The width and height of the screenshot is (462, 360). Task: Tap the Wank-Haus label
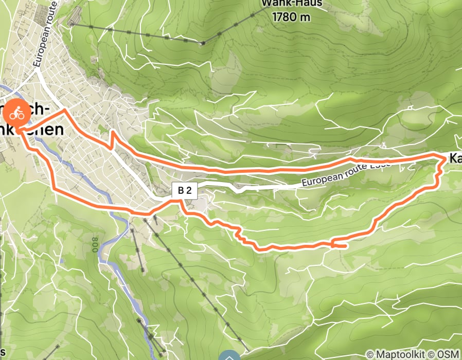[x=292, y=4]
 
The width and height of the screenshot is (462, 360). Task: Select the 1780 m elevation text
[x=292, y=17]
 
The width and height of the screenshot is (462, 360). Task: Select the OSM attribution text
[x=450, y=354]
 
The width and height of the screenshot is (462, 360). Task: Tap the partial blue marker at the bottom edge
[x=229, y=356]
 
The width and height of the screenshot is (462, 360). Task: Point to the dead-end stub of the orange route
[x=344, y=247]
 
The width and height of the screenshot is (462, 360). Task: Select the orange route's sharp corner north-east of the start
[x=64, y=110]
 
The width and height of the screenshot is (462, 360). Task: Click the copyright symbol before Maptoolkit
[x=369, y=354]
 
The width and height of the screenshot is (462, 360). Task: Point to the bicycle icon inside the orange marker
[x=17, y=113]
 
